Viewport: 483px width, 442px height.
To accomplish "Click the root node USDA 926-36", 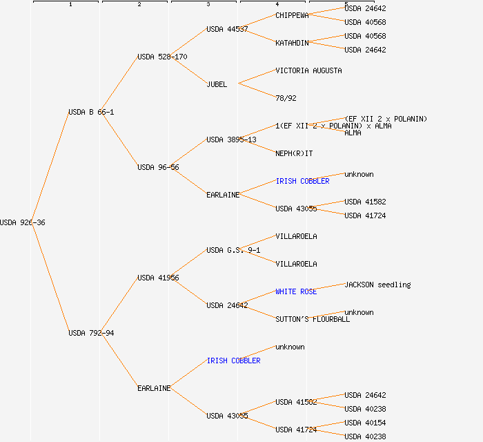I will click(x=23, y=222).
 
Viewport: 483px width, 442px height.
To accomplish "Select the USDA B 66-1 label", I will click(x=91, y=112).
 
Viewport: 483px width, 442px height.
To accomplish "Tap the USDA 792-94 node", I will click(x=91, y=333).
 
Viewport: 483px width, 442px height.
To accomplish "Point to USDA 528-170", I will click(x=162, y=57).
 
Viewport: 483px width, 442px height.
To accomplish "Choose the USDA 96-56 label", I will click(x=158, y=167).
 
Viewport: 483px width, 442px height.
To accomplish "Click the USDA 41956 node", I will click(x=158, y=278).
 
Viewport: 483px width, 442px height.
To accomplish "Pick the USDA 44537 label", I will click(x=227, y=29).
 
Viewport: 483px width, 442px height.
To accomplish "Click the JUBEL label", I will click(x=217, y=84).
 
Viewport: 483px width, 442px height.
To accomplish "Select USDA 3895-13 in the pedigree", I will click(x=231, y=140).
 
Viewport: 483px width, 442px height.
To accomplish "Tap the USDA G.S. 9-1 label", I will click(x=233, y=250).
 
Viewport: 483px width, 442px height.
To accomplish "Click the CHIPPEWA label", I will click(x=292, y=15).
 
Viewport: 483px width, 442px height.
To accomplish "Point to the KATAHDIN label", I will click(x=292, y=43).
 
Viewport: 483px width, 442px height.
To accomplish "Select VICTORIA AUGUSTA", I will click(x=308, y=70).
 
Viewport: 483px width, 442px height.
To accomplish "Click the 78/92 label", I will click(x=286, y=98).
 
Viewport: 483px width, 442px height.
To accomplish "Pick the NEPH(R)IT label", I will click(x=294, y=153).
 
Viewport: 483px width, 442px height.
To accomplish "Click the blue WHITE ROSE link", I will click(x=296, y=291).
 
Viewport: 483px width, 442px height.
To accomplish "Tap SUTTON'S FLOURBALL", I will click(x=313, y=319).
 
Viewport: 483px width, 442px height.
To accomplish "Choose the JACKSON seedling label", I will click(x=377, y=285).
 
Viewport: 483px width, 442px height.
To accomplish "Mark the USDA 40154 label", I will click(x=365, y=423).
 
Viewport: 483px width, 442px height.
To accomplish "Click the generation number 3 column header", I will click(x=208, y=5).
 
